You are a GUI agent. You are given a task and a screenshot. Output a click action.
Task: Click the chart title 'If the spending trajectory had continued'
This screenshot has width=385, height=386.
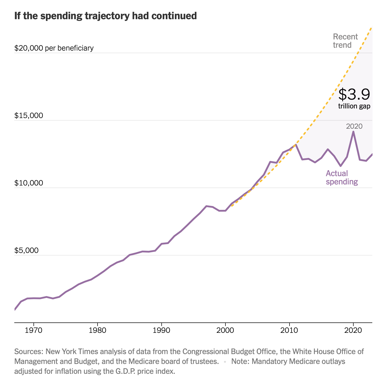point(105,16)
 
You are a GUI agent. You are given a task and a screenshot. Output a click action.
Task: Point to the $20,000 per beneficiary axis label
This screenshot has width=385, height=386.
point(54,48)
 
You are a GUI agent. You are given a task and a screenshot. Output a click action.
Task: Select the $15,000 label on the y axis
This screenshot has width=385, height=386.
point(29,116)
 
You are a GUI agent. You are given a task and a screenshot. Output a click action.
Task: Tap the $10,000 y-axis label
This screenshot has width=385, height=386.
point(29,183)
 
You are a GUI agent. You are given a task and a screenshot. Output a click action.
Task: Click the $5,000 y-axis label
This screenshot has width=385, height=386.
point(26,251)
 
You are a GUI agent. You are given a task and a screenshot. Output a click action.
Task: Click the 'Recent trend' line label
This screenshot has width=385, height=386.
point(345,41)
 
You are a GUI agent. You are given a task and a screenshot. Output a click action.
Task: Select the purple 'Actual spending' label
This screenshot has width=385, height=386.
point(342,177)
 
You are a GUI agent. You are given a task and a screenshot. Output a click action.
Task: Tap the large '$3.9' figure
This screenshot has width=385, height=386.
point(354,94)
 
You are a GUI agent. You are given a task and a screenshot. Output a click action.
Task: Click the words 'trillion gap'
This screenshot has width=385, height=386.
point(354,106)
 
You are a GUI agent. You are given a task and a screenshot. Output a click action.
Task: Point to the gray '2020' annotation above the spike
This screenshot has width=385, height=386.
point(354,126)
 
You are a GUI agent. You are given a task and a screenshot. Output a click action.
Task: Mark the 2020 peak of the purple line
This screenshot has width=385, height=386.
point(353,132)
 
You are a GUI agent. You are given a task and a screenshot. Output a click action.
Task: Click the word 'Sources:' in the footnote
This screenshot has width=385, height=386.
point(29,351)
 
